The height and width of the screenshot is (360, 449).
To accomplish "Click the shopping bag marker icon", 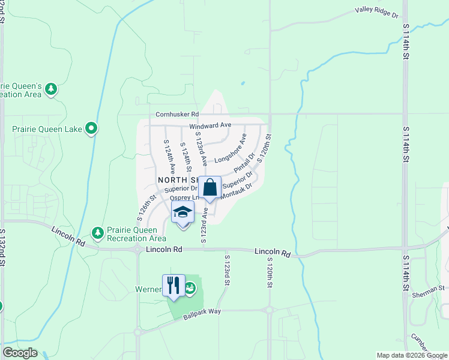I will [x=210, y=188].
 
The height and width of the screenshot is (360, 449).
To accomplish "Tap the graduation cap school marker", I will [x=183, y=213].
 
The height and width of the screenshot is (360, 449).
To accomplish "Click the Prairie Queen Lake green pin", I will [x=91, y=128].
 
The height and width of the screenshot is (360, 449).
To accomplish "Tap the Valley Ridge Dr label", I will [x=376, y=11].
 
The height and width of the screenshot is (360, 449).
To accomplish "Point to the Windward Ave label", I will [x=210, y=125].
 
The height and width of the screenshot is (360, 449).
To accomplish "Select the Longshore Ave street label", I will [x=231, y=149].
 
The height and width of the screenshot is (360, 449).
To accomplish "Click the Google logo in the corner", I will [x=20, y=353].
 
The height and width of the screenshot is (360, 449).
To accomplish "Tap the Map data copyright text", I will [x=411, y=355].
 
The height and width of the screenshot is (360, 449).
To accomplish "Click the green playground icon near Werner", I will [x=190, y=289].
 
